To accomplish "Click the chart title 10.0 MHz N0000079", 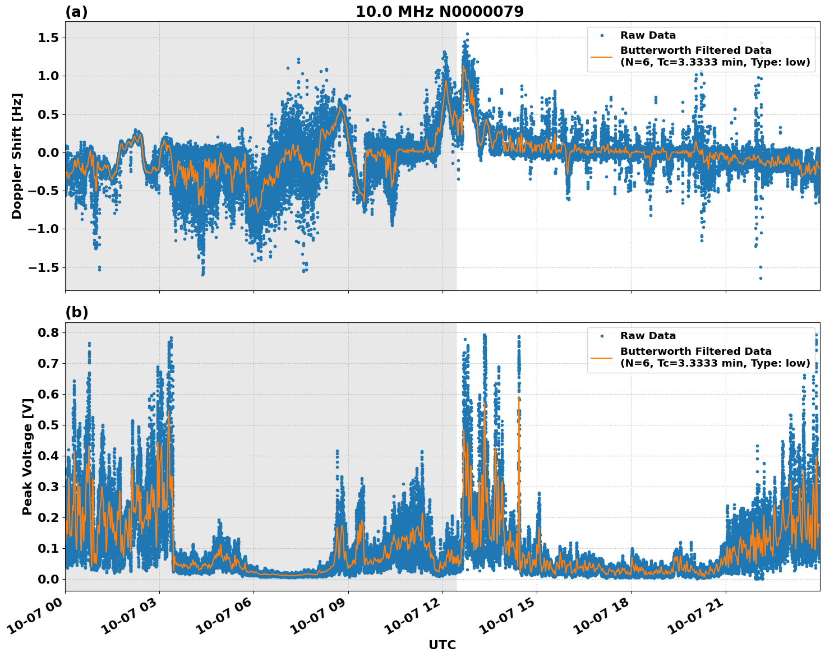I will click(x=439, y=12).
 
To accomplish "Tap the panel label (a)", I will click(x=76, y=12).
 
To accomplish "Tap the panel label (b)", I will click(x=76, y=312).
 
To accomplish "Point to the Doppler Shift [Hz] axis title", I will click(x=17, y=156).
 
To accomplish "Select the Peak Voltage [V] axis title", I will click(x=27, y=456).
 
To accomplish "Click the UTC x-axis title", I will click(x=442, y=645).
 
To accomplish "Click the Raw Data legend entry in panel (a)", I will click(x=647, y=35).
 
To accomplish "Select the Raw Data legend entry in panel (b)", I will click(x=647, y=336).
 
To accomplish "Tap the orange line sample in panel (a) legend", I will click(x=601, y=56).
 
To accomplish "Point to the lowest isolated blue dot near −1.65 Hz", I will click(x=761, y=278).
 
